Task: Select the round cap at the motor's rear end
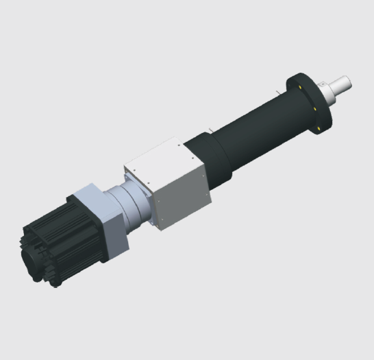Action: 31,261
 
